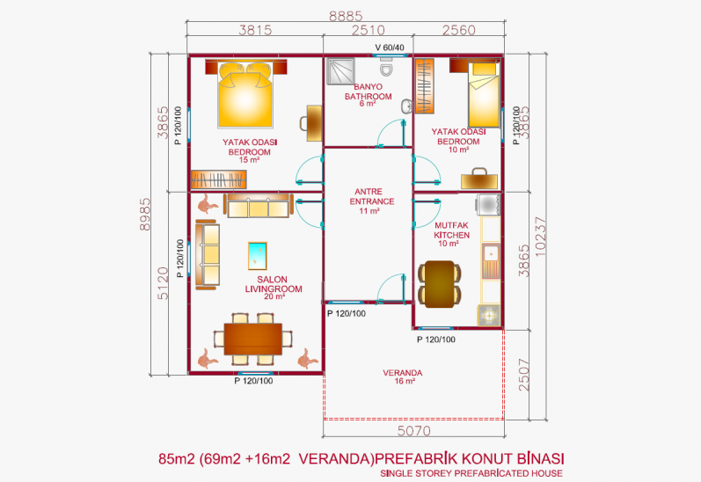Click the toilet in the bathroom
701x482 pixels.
[386, 66]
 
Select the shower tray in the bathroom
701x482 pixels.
[340, 71]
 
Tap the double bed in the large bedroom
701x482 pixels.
[245, 94]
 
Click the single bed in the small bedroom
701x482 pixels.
[484, 94]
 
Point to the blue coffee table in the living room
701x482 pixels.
[258, 256]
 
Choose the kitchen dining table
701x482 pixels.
[440, 284]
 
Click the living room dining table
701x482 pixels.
[252, 339]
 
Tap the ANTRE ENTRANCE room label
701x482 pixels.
[371, 201]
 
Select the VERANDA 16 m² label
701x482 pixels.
[403, 376]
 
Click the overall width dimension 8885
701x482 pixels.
[346, 16]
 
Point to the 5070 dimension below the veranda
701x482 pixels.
[414, 431]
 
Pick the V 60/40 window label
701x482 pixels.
[390, 47]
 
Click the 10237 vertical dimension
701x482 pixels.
[540, 237]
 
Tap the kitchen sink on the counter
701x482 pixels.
[491, 261]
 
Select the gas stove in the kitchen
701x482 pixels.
[489, 315]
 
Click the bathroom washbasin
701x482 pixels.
[407, 106]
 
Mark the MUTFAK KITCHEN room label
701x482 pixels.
[451, 234]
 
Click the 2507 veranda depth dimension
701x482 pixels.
[523, 375]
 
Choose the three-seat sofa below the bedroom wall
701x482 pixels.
[259, 206]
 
